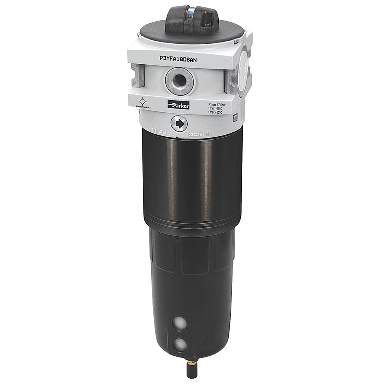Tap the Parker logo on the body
coord(178,104)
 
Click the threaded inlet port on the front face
coord(178,80)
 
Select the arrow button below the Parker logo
coord(179,124)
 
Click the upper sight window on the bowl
coord(179,324)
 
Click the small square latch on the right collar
coord(235,117)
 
